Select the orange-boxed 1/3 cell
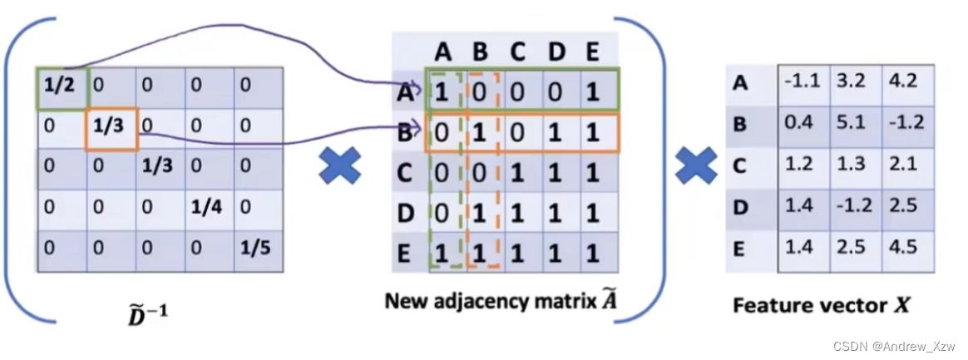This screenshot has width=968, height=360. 111,127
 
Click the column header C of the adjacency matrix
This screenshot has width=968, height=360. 518,52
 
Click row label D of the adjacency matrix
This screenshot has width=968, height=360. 407,213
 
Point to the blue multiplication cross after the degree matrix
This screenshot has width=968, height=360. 340,164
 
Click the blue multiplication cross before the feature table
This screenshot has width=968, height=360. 695,164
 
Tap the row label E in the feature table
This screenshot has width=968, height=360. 740,248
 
